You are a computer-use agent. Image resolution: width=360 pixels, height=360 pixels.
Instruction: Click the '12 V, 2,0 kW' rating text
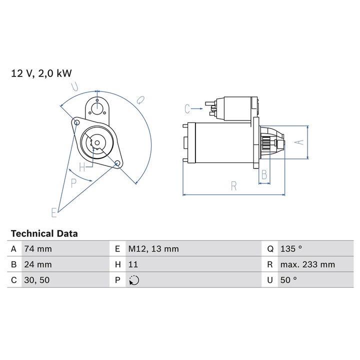click(41, 73)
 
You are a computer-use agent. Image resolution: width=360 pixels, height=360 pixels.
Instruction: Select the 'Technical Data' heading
click(44, 233)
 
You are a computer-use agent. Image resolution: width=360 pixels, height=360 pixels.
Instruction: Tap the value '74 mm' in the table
click(38, 248)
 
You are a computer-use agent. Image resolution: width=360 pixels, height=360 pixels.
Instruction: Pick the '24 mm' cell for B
click(38, 264)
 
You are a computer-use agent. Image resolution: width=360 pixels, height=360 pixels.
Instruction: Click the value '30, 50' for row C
click(37, 280)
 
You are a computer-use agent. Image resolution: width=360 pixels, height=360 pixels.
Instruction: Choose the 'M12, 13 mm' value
click(153, 248)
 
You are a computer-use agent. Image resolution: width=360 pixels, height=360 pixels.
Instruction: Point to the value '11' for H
click(133, 264)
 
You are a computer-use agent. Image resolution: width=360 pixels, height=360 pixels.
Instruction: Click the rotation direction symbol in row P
click(134, 280)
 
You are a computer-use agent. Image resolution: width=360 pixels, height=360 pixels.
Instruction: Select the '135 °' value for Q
click(291, 248)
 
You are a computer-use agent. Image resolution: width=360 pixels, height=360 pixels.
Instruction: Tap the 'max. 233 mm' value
click(307, 264)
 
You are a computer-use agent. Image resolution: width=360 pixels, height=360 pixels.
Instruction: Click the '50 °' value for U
click(289, 280)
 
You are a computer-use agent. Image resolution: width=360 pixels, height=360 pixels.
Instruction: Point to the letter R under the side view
click(234, 186)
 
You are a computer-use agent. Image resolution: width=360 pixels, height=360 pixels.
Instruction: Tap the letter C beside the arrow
click(187, 107)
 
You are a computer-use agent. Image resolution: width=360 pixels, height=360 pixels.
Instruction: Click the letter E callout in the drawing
click(54, 212)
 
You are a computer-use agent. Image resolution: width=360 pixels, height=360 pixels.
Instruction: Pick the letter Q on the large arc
click(140, 100)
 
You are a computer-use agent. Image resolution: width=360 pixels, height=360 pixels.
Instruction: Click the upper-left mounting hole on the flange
click(76, 122)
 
